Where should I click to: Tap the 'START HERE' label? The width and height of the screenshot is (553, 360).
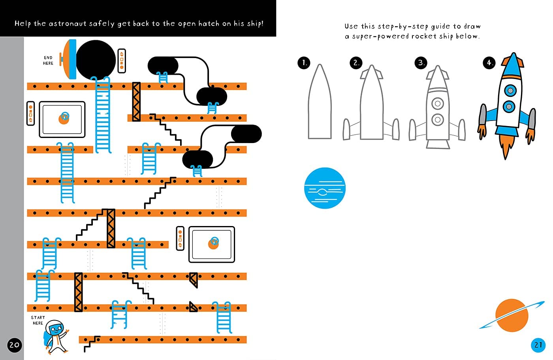(38, 320)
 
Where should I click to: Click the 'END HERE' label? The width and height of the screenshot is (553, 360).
(48, 60)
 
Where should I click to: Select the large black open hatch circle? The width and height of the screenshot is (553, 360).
(96, 59)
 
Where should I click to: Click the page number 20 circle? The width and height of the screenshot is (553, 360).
(14, 345)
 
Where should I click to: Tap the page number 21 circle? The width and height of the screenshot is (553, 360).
(538, 345)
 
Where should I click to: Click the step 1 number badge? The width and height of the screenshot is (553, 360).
(304, 62)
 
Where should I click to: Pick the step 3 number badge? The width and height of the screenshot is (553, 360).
(421, 62)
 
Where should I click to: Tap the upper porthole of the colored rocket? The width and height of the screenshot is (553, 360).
(511, 90)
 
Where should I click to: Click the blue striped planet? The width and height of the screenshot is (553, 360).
(325, 188)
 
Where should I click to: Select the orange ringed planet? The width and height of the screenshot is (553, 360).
(512, 315)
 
